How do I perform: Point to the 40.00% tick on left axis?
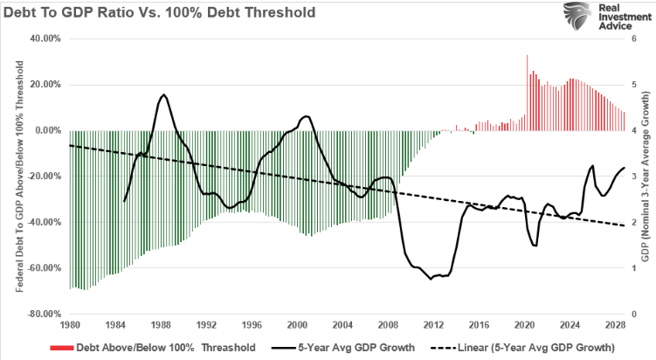click(x=46, y=38)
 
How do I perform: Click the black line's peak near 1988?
click(x=163, y=94)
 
